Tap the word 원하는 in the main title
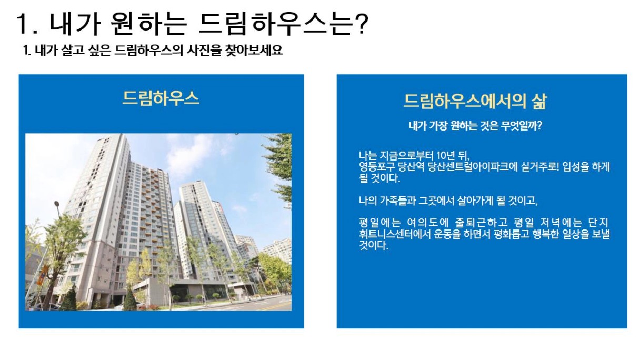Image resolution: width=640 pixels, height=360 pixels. [x=148, y=24]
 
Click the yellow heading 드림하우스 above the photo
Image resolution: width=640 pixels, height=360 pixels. [x=161, y=98]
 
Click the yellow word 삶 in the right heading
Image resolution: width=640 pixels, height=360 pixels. [x=539, y=101]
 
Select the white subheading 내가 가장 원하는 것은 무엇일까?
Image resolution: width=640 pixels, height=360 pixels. [x=475, y=126]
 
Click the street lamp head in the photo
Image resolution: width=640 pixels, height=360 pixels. [x=57, y=204]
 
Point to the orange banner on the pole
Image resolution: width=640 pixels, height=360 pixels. [x=42, y=275]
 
